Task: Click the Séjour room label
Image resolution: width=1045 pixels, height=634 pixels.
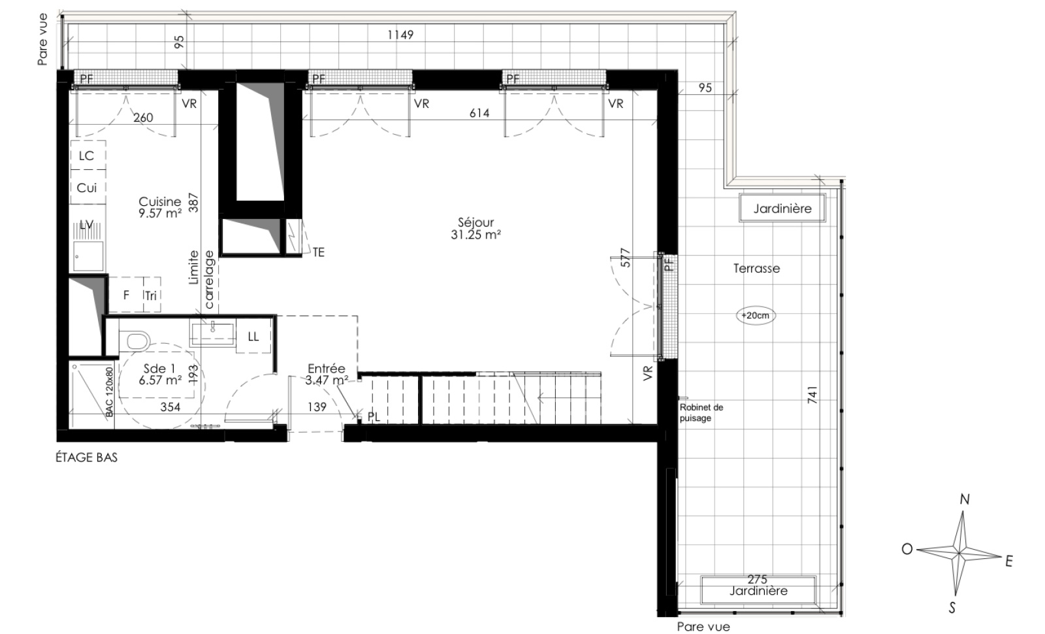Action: click(x=475, y=222)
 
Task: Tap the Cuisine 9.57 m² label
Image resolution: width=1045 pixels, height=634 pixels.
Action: click(x=160, y=207)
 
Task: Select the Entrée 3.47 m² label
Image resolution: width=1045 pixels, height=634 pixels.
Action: click(x=327, y=375)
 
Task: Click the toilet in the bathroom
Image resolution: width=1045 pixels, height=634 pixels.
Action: click(x=135, y=340)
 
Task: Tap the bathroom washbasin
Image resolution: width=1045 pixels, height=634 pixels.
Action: click(x=212, y=332)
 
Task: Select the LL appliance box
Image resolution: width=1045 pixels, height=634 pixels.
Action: click(x=253, y=336)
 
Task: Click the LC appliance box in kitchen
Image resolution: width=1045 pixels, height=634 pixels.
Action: click(x=88, y=156)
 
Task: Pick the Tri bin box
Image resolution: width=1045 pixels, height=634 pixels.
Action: click(x=152, y=295)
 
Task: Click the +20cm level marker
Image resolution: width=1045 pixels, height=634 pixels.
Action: click(x=755, y=316)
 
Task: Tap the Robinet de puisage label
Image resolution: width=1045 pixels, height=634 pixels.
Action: click(x=701, y=412)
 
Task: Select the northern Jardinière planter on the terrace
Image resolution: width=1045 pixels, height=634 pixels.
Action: click(x=782, y=209)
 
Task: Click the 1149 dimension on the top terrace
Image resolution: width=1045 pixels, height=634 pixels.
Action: click(x=400, y=35)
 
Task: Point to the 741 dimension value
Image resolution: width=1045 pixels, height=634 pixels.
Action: click(x=812, y=395)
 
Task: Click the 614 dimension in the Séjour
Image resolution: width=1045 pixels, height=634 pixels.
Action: click(x=479, y=113)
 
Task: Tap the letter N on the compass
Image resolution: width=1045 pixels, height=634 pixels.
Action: click(x=964, y=499)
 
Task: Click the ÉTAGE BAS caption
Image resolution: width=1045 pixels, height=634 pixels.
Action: click(x=86, y=458)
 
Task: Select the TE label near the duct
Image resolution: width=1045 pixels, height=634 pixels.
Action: click(x=318, y=252)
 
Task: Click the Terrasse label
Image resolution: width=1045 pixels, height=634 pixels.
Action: click(x=756, y=269)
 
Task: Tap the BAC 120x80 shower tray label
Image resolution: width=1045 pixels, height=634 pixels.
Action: click(x=109, y=392)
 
